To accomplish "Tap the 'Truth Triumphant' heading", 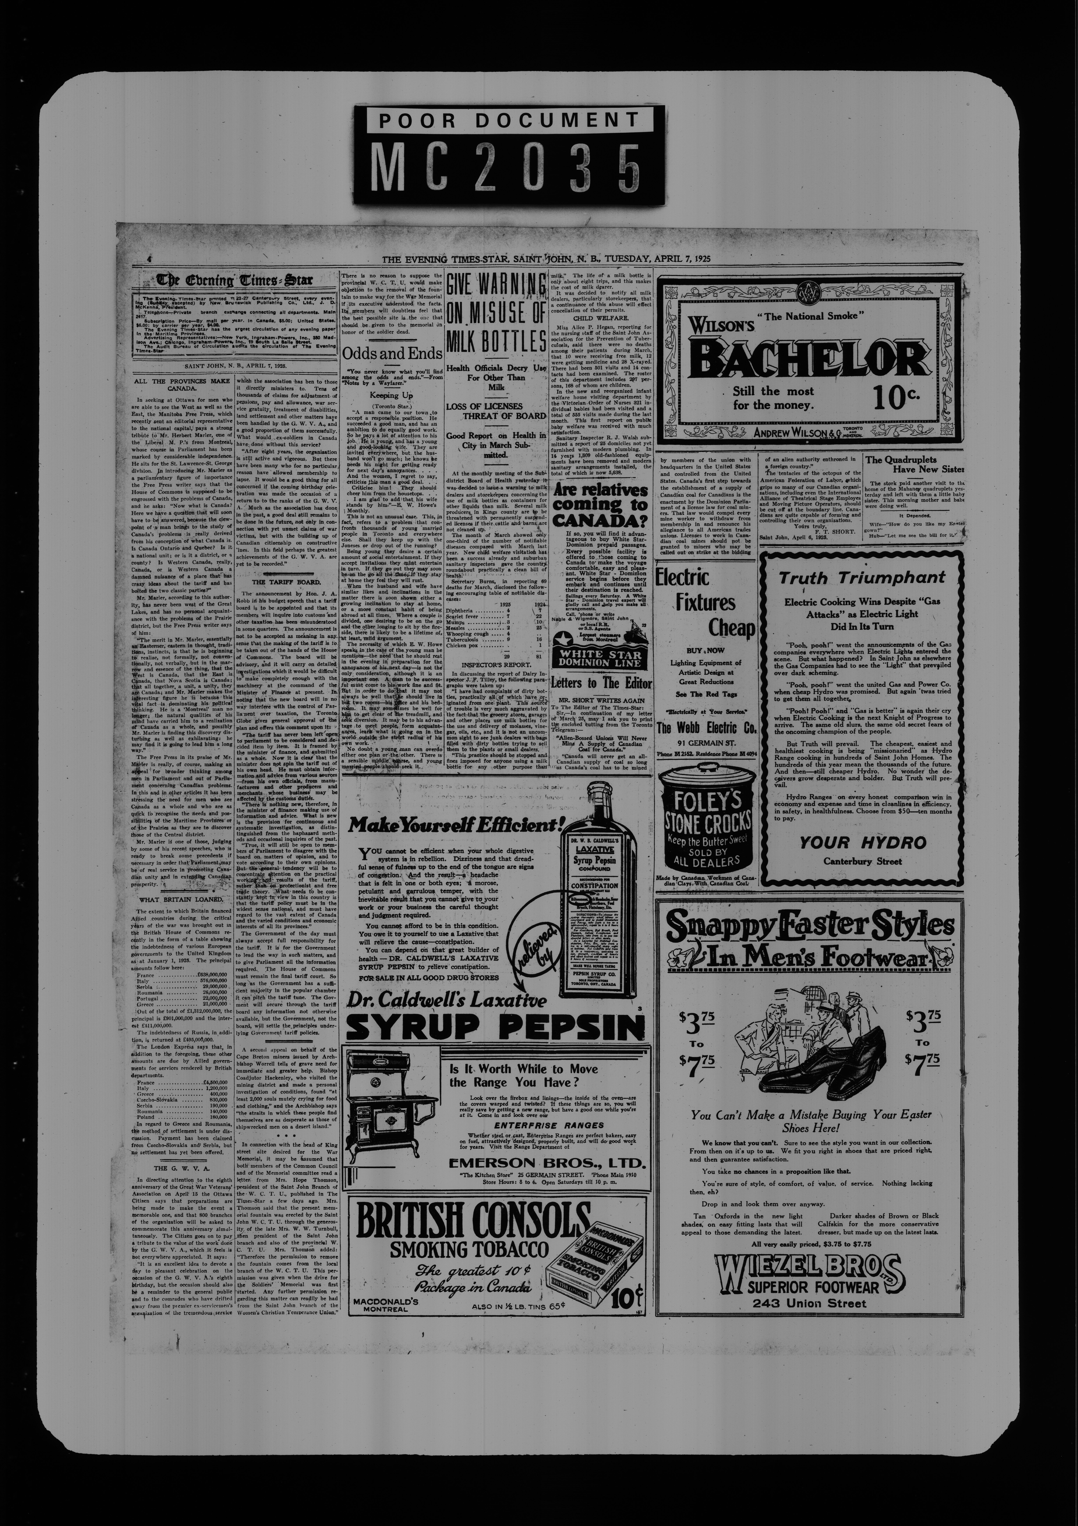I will coord(861,577).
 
